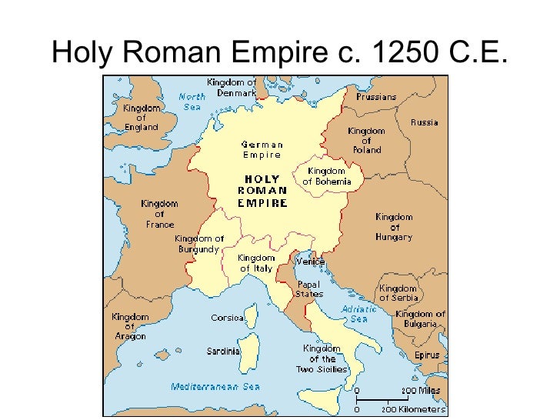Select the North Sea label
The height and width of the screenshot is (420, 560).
pos(192,102)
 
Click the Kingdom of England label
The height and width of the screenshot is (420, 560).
pos(141,118)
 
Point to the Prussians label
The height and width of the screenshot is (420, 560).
pos(376,97)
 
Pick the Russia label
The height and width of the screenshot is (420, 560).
pos(424,122)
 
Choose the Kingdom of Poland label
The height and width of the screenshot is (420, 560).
pos(366,140)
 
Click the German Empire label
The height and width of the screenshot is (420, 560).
pos(262,149)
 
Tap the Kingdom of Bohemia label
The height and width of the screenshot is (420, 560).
pos(326,176)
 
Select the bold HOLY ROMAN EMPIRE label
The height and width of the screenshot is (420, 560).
pos(262,191)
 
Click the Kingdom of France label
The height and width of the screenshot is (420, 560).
pos(159,214)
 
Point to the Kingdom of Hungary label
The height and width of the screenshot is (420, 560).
pos(394,227)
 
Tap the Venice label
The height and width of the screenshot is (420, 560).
pos(311,262)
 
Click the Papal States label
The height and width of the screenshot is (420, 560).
pos(310,288)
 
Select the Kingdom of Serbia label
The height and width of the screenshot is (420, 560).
pos(398,293)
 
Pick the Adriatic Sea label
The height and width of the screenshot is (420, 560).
pos(359,313)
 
